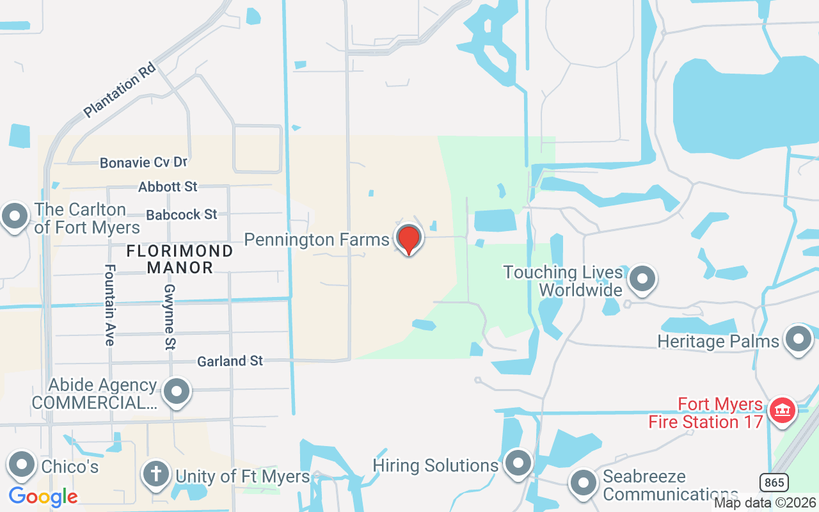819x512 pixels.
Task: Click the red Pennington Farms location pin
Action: point(409,239)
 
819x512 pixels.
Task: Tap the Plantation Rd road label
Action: point(120,90)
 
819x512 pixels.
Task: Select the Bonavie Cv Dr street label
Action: point(143,163)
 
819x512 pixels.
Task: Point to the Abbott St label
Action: point(168,187)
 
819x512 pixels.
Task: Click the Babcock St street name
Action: point(182,214)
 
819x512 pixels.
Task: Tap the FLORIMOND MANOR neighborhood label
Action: point(179,259)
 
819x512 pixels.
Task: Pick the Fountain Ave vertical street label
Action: point(109,305)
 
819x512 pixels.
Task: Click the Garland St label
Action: point(230,361)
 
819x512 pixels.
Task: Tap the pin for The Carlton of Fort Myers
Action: point(15,217)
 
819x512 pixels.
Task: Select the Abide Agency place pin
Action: point(177,390)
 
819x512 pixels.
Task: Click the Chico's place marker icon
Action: point(22,465)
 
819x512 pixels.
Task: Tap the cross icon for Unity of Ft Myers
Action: point(155,475)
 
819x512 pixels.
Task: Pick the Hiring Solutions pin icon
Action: point(518,463)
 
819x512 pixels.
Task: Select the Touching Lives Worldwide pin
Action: point(641,279)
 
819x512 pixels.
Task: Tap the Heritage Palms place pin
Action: point(798,339)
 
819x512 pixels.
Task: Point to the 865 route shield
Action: point(774,482)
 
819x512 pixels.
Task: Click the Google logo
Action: point(43,496)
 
